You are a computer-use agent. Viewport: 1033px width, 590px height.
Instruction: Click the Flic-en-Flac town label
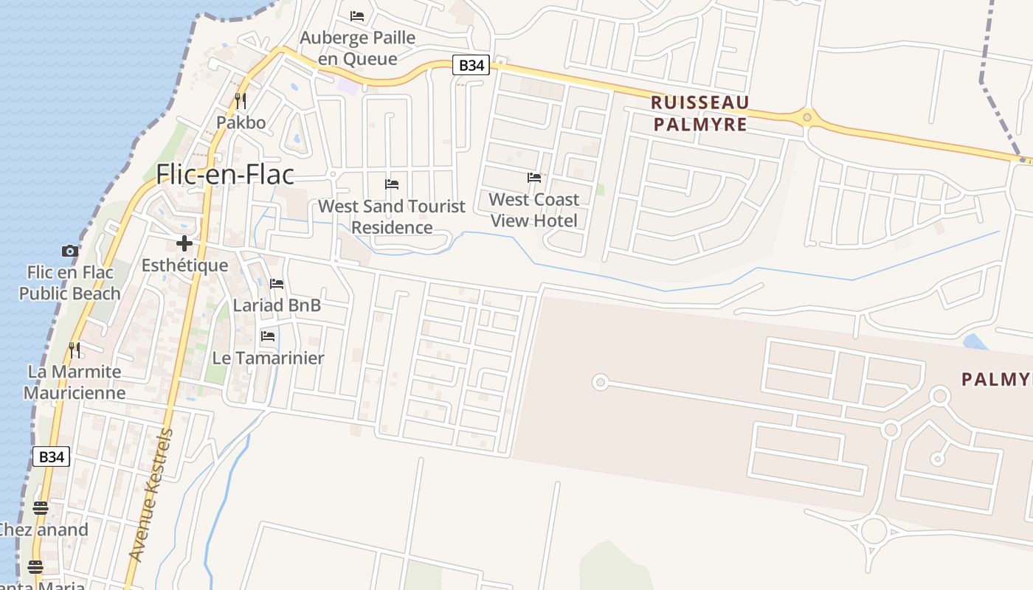pyautogui.click(x=225, y=175)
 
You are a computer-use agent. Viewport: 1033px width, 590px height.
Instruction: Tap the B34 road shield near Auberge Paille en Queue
pyautogui.click(x=471, y=66)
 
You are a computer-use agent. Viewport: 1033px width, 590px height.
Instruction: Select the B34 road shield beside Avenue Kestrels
pyautogui.click(x=51, y=457)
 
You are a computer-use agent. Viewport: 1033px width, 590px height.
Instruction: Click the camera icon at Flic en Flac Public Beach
pyautogui.click(x=70, y=251)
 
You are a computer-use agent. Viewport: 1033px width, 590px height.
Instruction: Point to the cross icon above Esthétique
pyautogui.click(x=184, y=243)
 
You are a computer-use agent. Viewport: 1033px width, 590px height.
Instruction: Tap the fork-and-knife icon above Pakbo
pyautogui.click(x=241, y=101)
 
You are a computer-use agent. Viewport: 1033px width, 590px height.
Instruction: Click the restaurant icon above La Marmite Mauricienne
pyautogui.click(x=74, y=350)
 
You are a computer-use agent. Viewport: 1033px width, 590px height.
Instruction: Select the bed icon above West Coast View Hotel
pyautogui.click(x=533, y=178)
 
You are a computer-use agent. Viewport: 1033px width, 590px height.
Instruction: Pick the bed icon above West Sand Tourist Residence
pyautogui.click(x=392, y=184)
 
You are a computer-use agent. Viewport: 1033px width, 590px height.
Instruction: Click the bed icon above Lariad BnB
pyautogui.click(x=277, y=284)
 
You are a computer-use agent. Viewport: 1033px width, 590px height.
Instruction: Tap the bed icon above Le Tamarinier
pyautogui.click(x=268, y=336)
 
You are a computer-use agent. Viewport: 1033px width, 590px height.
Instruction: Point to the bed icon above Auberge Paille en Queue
pyautogui.click(x=357, y=15)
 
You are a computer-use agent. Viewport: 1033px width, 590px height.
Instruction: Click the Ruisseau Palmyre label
pyautogui.click(x=701, y=113)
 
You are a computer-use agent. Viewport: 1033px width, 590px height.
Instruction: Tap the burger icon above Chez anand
pyautogui.click(x=40, y=508)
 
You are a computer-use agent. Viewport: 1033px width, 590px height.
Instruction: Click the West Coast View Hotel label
pyautogui.click(x=533, y=209)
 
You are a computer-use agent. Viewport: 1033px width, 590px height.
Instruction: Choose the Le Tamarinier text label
pyautogui.click(x=268, y=358)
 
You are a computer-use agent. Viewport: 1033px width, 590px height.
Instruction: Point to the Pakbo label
pyautogui.click(x=241, y=122)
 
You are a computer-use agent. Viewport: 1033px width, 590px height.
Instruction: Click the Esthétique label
pyautogui.click(x=184, y=265)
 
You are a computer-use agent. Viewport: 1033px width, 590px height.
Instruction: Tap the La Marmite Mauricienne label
pyautogui.click(x=74, y=381)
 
